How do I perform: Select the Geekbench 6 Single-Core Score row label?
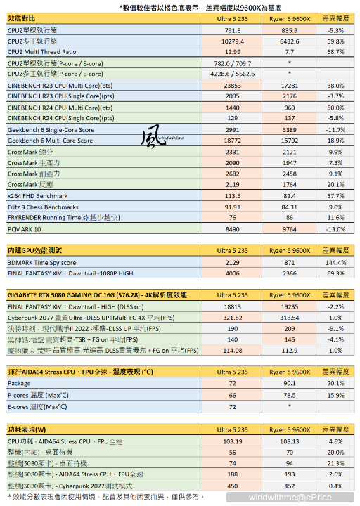(x=50, y=130)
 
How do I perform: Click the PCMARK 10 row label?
(x=25, y=229)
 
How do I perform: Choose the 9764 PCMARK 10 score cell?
(x=290, y=229)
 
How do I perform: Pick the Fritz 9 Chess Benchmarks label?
(x=42, y=207)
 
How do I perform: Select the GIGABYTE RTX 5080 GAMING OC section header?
(x=97, y=295)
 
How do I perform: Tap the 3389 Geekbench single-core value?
(x=290, y=130)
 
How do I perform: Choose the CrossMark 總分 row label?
(x=30, y=152)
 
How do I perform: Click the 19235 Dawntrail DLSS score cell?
(x=290, y=306)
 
